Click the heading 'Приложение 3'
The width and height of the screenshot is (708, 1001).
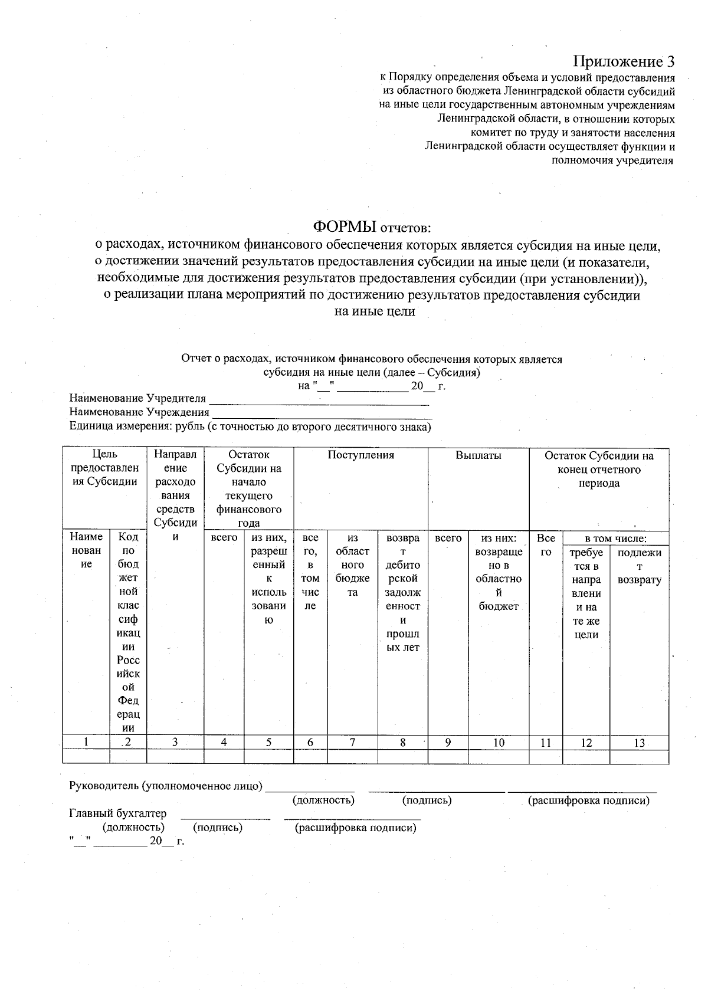point(624,61)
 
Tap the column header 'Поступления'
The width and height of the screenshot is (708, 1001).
point(360,455)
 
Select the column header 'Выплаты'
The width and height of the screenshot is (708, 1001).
point(478,455)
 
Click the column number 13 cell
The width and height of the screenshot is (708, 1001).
point(639,743)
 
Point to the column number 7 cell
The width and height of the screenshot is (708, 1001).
point(352,743)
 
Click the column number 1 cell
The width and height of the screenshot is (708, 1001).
point(86,743)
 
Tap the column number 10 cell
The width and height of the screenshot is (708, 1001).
point(499,743)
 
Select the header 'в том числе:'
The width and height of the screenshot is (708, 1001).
point(615,539)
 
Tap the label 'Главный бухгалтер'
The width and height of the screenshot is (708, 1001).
point(118,814)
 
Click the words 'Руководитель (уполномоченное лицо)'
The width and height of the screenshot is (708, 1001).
point(166,786)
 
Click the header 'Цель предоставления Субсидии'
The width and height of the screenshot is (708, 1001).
point(104,468)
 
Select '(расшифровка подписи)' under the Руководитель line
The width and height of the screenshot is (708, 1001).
point(588,800)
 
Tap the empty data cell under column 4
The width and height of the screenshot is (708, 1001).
point(224,757)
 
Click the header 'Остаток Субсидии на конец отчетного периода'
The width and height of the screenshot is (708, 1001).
point(598,470)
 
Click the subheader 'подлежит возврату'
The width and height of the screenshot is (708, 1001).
point(639,566)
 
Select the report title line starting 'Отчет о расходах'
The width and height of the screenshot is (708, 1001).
point(372,359)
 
